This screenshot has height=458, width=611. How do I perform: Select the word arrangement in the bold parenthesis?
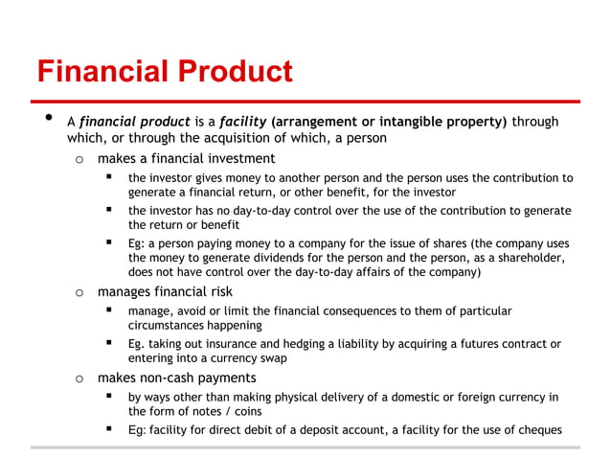324,122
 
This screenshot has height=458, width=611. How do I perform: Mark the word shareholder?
518,259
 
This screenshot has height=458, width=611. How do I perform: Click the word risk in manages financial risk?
218,292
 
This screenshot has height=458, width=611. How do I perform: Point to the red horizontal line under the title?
307,101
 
